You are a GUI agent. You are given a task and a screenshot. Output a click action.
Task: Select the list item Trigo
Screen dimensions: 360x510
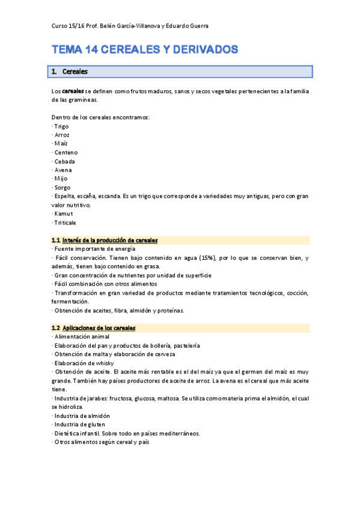61,126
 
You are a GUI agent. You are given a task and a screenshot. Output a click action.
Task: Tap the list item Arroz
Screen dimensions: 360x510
62,135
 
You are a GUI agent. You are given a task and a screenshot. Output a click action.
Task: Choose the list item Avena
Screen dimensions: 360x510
63,170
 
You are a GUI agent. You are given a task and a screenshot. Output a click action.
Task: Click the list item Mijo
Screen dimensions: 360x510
61,179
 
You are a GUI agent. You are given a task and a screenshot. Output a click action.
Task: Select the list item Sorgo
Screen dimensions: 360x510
62,188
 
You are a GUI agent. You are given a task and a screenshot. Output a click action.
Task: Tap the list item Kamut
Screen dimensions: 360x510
63,214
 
